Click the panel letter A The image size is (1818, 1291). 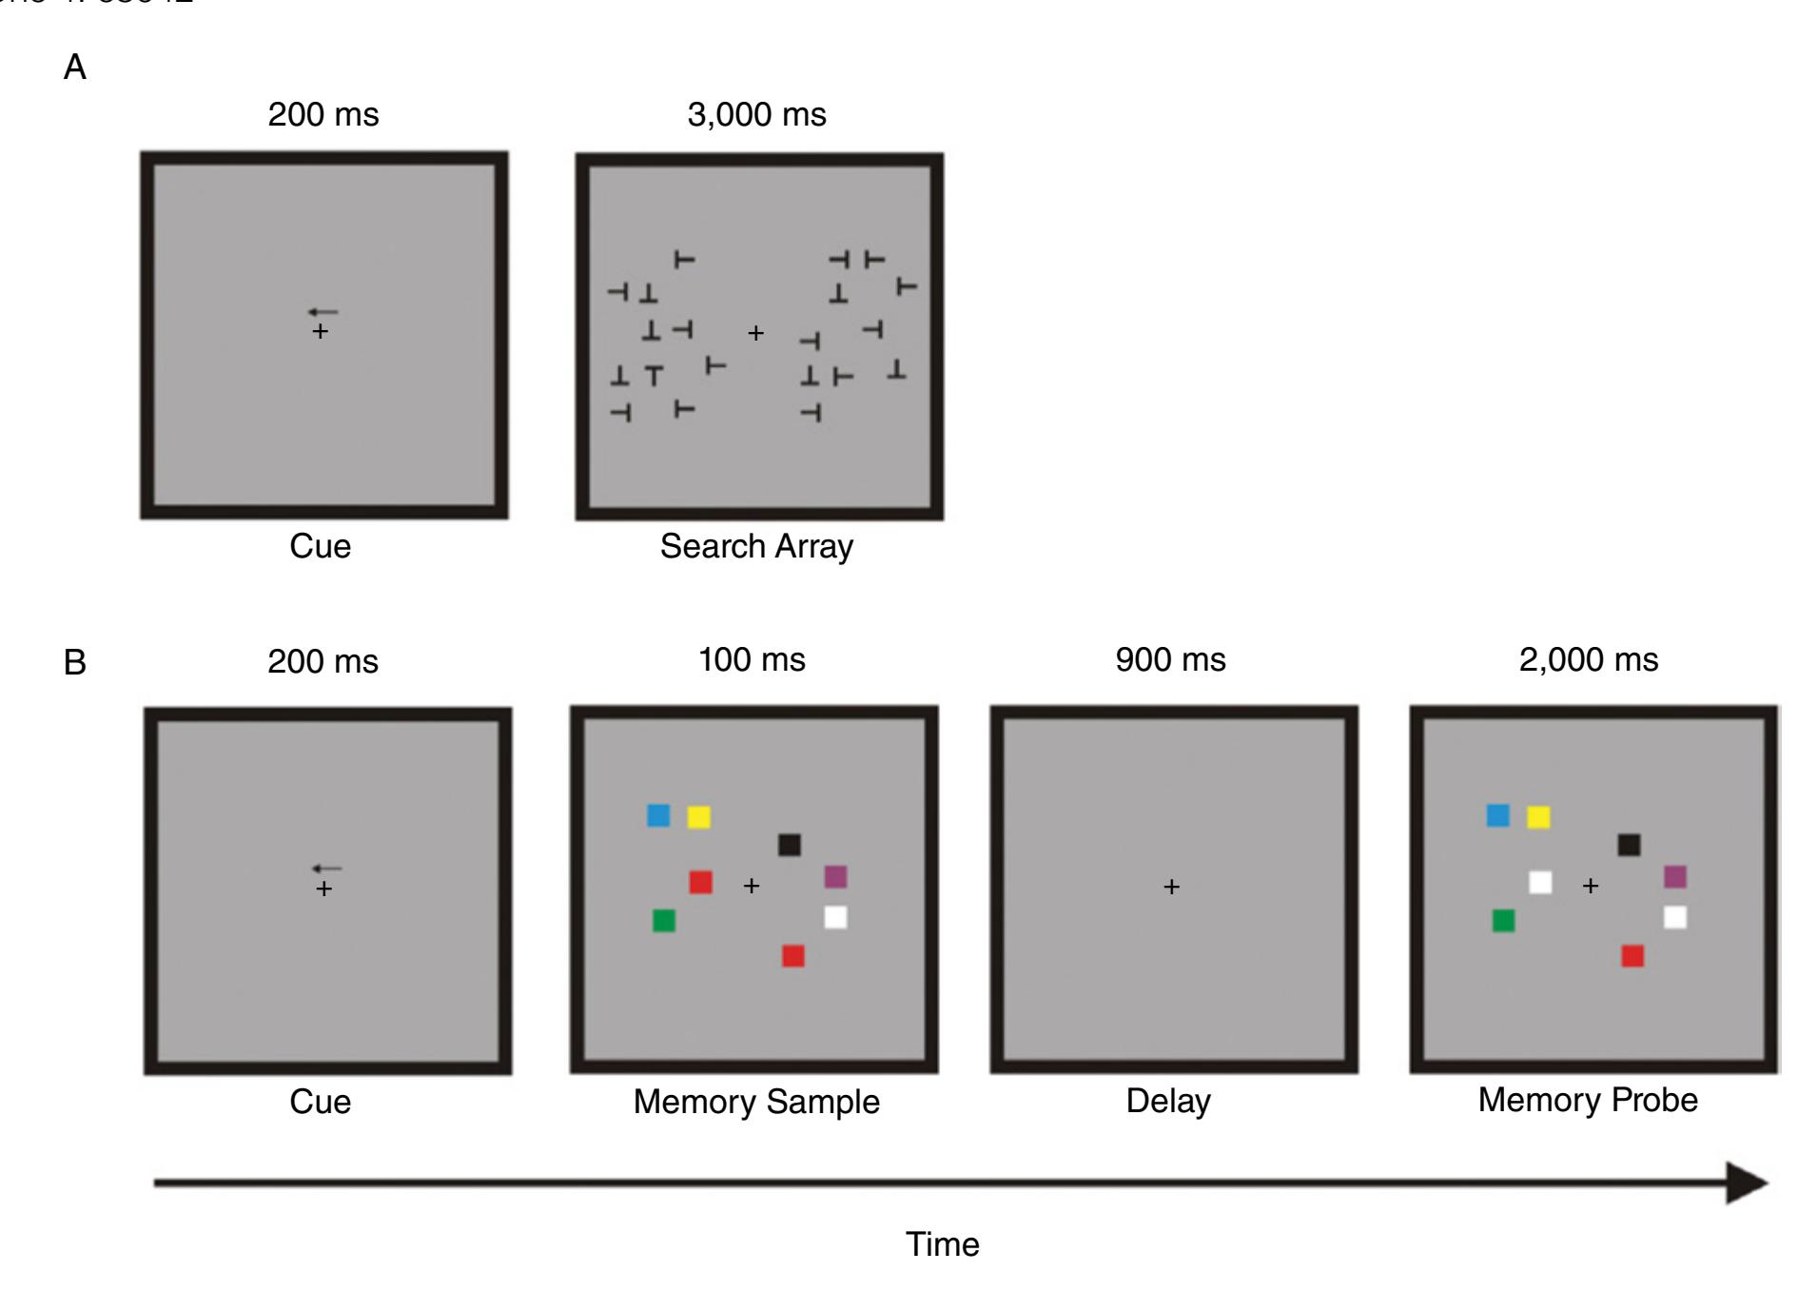[74, 68]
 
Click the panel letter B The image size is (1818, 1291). [74, 662]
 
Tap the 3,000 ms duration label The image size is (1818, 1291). [756, 115]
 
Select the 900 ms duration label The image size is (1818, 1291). [1170, 660]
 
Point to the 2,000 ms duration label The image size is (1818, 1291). [1588, 660]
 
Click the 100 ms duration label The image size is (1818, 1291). [752, 660]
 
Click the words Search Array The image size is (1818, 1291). [756, 546]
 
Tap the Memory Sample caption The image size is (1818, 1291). [756, 1102]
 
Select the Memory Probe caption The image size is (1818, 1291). [1587, 1100]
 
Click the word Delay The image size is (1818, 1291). [1168, 1101]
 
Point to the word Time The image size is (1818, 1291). [942, 1244]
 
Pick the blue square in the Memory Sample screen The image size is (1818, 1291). [658, 815]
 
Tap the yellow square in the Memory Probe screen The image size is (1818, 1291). [1538, 817]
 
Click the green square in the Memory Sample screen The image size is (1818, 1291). [664, 921]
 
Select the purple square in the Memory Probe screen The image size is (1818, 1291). [1675, 876]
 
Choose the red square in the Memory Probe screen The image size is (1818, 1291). [1632, 956]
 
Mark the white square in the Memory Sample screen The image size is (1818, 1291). [835, 918]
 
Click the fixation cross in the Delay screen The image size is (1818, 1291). [1171, 887]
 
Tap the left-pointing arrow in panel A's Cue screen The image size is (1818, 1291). [323, 312]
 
